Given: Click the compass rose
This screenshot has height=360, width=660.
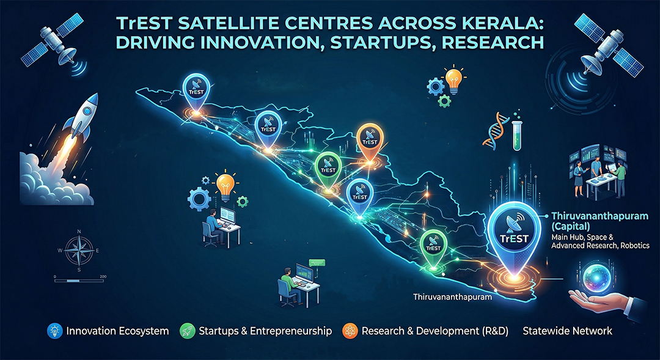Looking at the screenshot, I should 78,249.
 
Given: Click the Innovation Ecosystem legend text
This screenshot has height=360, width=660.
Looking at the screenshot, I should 117,331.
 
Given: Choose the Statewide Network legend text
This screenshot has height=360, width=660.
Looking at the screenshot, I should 567,331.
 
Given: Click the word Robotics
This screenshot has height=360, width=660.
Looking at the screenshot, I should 636,245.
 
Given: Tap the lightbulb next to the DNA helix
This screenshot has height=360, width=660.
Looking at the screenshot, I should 453,79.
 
